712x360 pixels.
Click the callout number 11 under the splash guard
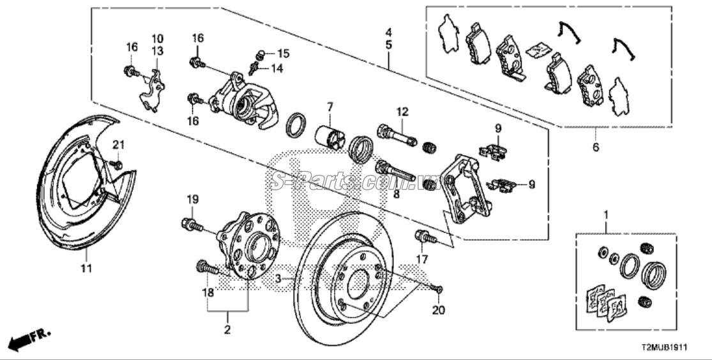(86, 268)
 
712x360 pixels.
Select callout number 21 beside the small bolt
(119, 145)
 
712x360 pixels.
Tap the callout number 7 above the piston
(329, 107)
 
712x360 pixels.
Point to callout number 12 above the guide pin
(402, 111)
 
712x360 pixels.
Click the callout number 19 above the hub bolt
(193, 199)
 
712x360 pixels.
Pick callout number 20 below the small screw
(439, 310)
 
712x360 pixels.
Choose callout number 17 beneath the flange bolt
(422, 260)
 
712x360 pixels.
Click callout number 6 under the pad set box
(596, 147)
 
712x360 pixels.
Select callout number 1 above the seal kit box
(605, 213)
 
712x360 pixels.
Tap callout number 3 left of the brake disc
(278, 278)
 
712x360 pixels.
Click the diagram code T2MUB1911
(664, 347)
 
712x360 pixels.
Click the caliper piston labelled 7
(330, 136)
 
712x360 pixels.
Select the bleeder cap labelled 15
(260, 56)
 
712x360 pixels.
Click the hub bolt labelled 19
(192, 224)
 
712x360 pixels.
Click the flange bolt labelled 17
(425, 237)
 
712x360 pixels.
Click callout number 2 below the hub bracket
(227, 329)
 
